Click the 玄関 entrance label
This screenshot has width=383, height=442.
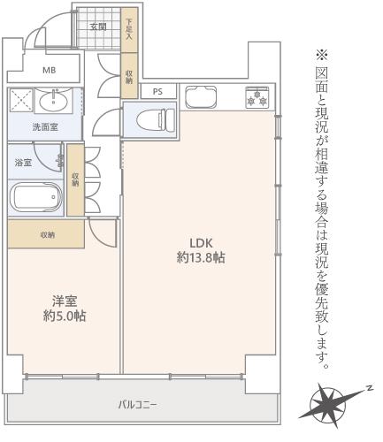pos(98,27)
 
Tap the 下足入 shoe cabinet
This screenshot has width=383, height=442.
pos(129,30)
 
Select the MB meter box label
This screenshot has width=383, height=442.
pos(49,71)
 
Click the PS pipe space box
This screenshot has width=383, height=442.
pos(158,91)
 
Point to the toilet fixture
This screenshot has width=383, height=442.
pos(156,119)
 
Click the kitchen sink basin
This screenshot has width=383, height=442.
pos(200,97)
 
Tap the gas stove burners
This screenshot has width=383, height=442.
pos(257,97)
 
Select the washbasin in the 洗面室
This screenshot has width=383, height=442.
pos(54,101)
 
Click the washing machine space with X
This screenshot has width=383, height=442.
pos(21,101)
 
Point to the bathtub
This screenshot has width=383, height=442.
pos(36,197)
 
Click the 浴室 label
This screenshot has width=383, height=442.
pos(23,163)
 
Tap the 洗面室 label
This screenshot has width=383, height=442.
pos(45,127)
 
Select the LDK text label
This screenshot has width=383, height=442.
pos(201,243)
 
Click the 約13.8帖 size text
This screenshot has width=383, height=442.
pos(201,257)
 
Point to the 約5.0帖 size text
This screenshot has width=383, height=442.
pos(65,316)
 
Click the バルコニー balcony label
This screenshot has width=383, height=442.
pos(138,405)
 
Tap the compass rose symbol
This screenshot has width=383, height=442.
pos(329,405)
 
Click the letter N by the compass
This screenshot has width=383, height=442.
pos(369,388)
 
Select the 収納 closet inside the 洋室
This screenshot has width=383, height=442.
pos(46,234)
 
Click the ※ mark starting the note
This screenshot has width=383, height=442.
pos(322,55)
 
